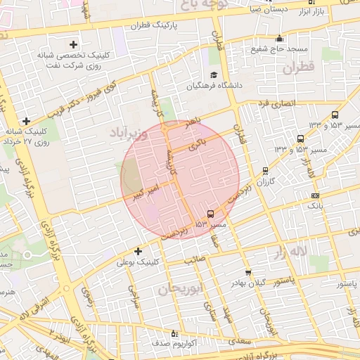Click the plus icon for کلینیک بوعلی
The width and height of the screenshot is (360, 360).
click(138, 251)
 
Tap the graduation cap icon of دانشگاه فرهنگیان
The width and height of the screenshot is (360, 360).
click(214, 75)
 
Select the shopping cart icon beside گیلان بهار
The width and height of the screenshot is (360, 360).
click(247, 272)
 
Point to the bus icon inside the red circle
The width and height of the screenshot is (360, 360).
click(211, 214)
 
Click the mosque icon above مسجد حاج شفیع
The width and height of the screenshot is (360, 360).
click(280, 38)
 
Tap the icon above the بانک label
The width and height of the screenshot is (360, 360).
click(315, 195)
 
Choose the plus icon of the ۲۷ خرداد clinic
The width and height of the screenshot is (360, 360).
click(26, 121)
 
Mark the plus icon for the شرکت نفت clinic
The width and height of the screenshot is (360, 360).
click(72, 44)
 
